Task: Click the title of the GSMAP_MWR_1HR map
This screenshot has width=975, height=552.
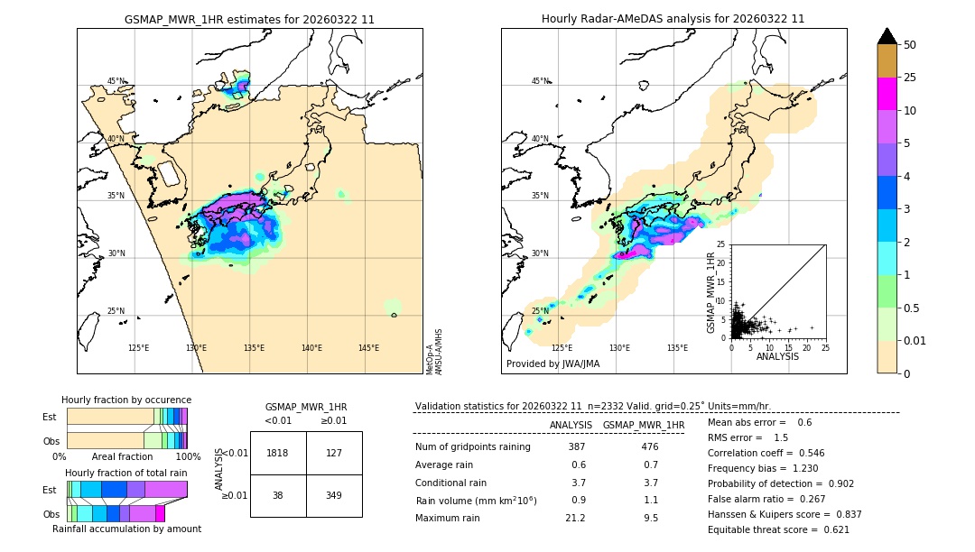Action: [x=249, y=19]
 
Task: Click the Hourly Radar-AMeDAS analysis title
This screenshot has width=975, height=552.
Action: [x=673, y=19]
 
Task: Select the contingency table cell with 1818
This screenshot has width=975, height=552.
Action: [x=278, y=453]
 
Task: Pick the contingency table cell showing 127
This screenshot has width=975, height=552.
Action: [x=334, y=453]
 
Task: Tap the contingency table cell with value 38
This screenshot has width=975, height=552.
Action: [x=278, y=495]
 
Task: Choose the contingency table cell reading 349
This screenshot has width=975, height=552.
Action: [x=334, y=495]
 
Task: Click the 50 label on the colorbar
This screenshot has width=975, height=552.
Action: [x=910, y=45]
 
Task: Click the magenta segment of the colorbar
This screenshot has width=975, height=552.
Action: [x=887, y=94]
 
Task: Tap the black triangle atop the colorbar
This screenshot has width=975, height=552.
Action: [x=887, y=36]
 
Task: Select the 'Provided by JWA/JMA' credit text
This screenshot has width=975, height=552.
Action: [x=552, y=363]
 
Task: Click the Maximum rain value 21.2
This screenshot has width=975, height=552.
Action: [x=576, y=518]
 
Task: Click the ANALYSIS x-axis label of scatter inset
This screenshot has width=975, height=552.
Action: [x=777, y=356]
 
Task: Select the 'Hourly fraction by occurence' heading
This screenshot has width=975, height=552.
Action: [x=126, y=400]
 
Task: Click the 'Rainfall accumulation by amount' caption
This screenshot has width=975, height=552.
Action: [x=126, y=529]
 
